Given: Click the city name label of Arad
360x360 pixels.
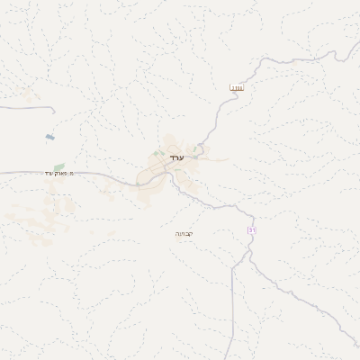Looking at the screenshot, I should [176, 158].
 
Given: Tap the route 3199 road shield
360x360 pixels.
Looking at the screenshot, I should [237, 87].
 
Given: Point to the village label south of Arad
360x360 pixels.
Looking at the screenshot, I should [184, 233].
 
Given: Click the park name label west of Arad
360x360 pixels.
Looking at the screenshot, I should [59, 174].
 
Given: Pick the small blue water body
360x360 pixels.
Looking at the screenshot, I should [49, 137].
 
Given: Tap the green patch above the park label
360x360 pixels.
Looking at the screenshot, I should [59, 166].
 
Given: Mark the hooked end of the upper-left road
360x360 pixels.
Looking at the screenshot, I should [53, 111].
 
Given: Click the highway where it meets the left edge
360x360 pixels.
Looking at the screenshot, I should [2, 170].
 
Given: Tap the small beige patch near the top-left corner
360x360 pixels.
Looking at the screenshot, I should [27, 94].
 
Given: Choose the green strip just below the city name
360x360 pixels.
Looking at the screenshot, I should [176, 166].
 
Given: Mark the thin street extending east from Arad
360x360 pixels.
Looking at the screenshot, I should [216, 161].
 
